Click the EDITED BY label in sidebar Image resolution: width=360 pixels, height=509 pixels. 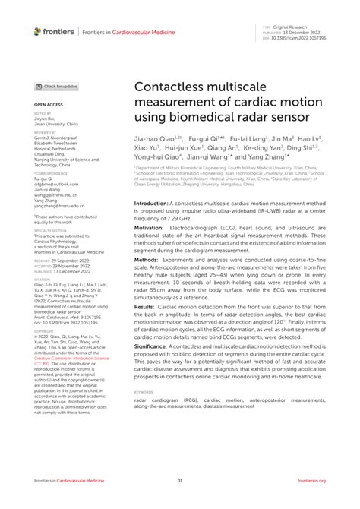(x=43, y=112)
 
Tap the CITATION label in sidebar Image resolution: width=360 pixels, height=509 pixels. (x=43, y=279)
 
